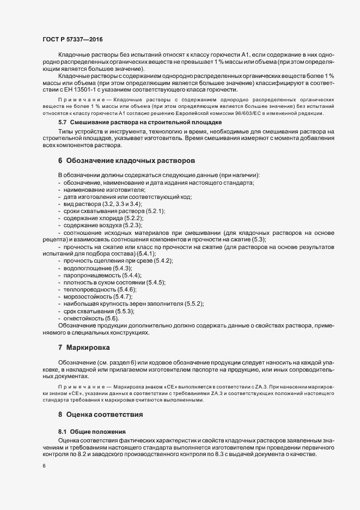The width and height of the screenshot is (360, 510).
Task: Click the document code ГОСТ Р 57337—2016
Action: coord(72,40)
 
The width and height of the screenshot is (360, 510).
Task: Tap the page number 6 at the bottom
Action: coord(44,466)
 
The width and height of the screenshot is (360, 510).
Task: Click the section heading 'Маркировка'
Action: coord(88,347)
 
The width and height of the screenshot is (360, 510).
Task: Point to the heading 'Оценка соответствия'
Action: coord(105,415)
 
